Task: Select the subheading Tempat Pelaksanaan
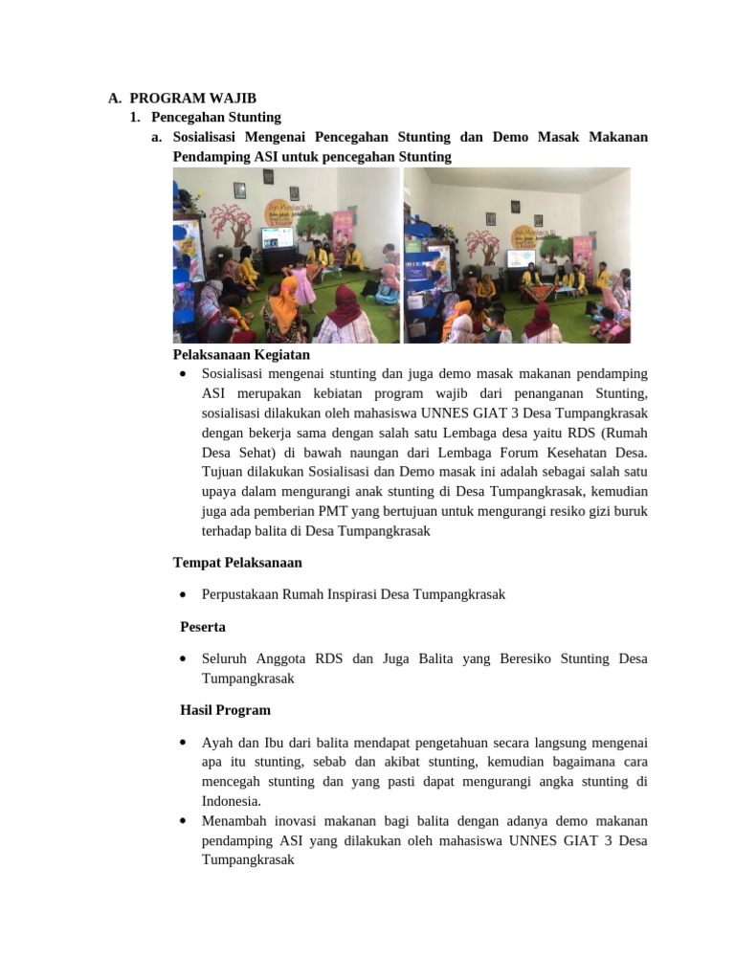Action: point(237,562)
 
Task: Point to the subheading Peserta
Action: point(207,627)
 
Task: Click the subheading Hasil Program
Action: point(225,710)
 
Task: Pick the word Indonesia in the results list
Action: point(230,801)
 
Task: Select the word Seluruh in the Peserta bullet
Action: point(225,658)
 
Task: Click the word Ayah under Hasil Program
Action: point(215,742)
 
